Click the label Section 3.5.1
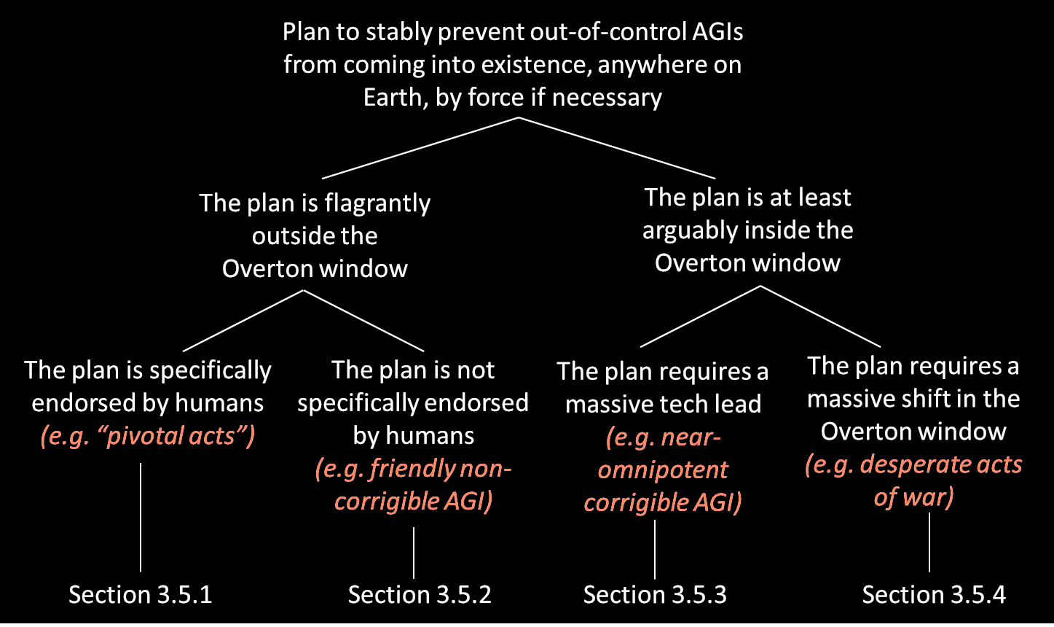click(141, 594)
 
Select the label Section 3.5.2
click(420, 594)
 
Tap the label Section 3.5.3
click(655, 594)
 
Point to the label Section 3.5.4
click(934, 594)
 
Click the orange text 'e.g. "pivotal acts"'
click(149, 436)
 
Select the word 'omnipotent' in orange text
click(663, 470)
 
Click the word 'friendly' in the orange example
click(414, 468)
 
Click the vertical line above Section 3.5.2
click(414, 552)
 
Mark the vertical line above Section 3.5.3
click(655, 548)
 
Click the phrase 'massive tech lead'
click(663, 404)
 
